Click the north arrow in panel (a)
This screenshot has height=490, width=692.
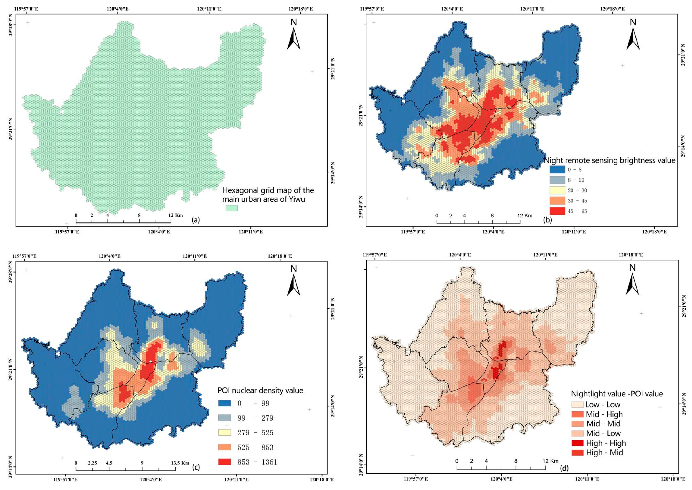point(293,39)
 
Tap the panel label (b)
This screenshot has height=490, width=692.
point(547,220)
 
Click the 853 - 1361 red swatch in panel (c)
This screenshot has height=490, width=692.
point(224,462)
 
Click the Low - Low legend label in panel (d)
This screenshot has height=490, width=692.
point(603,405)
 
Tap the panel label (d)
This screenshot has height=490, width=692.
point(564,468)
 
